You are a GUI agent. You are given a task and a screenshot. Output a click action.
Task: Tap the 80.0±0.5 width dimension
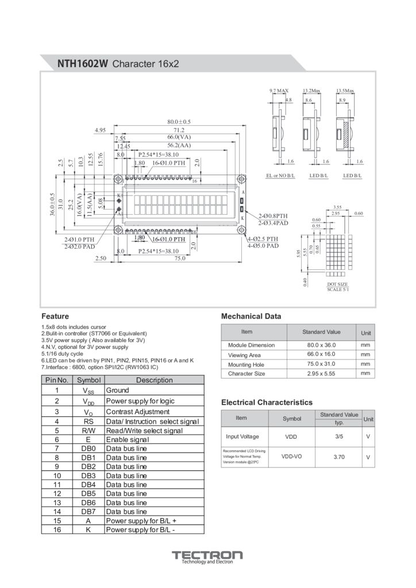tap(179, 122)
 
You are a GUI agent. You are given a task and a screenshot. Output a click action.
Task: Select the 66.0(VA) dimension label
tap(179, 138)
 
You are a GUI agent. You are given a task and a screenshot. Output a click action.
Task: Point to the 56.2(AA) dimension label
tap(179, 146)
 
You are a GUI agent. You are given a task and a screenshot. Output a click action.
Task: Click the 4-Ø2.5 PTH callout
tap(263, 239)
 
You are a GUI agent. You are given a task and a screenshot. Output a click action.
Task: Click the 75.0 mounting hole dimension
tap(180, 258)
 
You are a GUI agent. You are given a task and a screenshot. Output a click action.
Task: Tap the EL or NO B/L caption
tap(280, 175)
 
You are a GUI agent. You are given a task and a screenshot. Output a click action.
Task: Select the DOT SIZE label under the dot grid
tap(337, 284)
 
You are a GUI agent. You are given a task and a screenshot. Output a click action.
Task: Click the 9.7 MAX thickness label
tap(279, 91)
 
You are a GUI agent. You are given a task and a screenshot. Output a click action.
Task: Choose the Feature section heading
tap(55, 316)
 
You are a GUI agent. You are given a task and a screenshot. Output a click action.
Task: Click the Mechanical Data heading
tap(251, 316)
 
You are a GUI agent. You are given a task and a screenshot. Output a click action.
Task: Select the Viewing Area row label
tap(244, 355)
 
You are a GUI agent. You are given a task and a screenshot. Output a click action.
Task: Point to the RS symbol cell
tap(88, 421)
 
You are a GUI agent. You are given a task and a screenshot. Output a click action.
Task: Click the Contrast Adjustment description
tap(138, 412)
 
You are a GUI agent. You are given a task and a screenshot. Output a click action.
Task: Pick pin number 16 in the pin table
tap(57, 530)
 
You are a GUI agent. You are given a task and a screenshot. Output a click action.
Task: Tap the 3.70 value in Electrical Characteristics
tap(338, 457)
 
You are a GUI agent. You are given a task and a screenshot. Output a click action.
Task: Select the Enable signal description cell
tap(128, 439)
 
